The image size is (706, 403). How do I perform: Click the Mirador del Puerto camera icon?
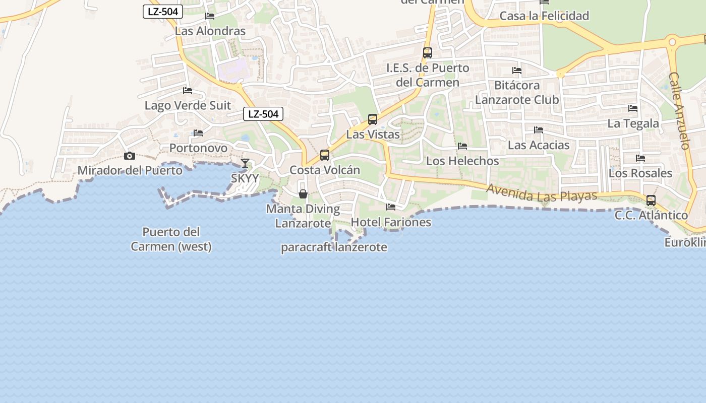point(130,156)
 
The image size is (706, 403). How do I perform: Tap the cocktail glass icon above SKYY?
point(245,163)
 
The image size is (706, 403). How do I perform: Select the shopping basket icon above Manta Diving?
point(303,194)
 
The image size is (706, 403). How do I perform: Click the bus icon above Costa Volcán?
point(325,155)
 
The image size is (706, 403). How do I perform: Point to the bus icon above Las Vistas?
point(373,119)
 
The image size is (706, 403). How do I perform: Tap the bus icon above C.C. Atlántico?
point(651,200)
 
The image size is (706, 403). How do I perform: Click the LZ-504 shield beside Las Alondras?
point(163,12)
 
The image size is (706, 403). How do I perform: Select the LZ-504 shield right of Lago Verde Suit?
point(263,114)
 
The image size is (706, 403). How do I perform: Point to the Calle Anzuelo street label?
point(679,111)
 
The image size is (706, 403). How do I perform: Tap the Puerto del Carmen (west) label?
point(171,239)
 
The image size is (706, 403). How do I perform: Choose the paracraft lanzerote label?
point(334,247)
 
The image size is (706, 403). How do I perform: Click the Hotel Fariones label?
point(391,222)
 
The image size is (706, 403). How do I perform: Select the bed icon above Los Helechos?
point(462,146)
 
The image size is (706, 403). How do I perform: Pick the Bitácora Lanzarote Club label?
point(517,92)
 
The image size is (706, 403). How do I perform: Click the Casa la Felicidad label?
point(544,16)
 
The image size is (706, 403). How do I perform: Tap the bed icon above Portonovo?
point(198,133)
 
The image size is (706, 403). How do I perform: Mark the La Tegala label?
point(633,123)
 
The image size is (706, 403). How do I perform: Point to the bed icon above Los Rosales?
point(640,158)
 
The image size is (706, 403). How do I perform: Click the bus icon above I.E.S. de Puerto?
point(428,53)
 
